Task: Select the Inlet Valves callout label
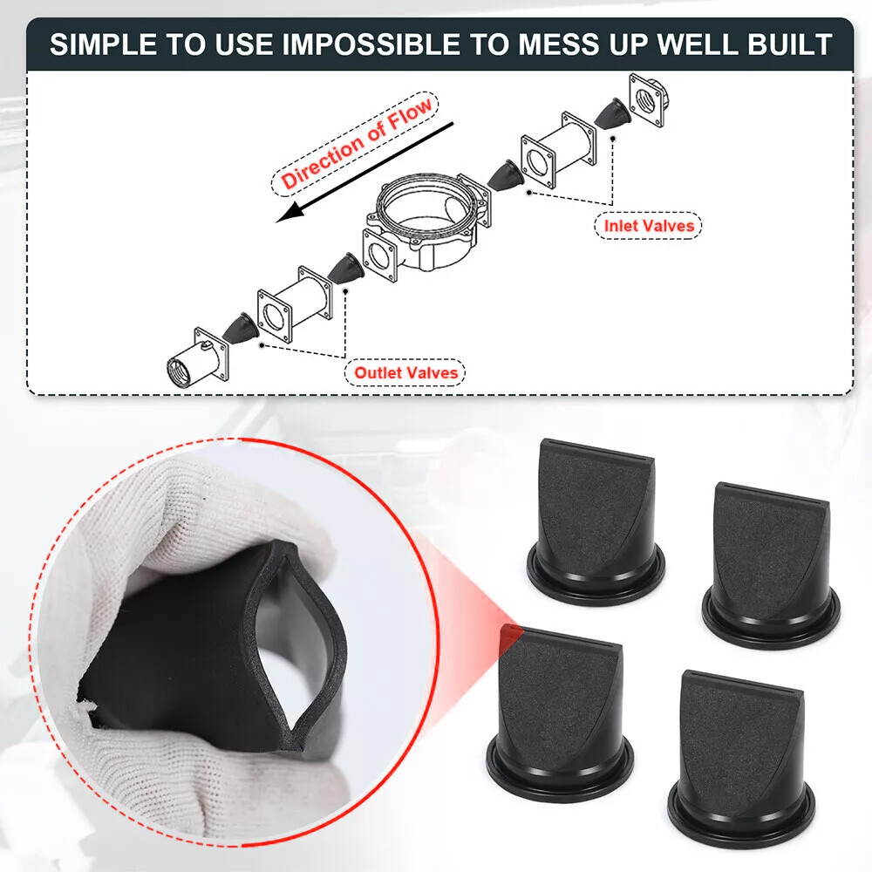click(651, 226)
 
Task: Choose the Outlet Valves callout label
click(405, 373)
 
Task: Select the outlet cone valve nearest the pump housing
click(347, 267)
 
